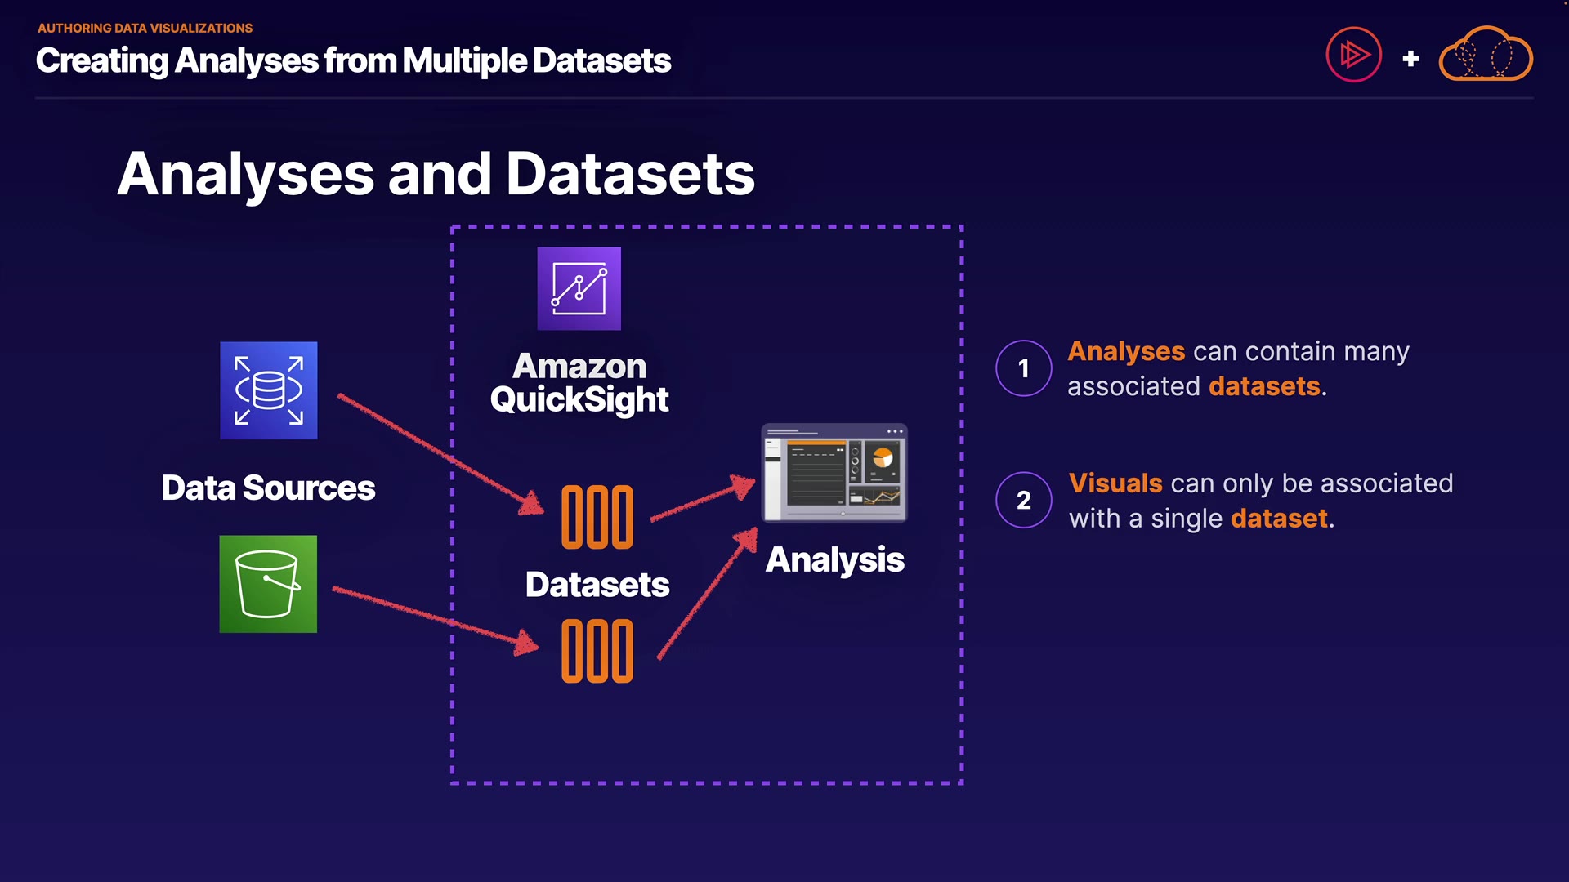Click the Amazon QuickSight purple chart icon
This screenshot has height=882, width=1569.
coord(579,288)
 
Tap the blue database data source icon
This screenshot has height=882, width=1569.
coord(268,390)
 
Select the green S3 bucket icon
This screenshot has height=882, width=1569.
coord(268,584)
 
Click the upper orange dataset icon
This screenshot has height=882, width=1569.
coord(597,517)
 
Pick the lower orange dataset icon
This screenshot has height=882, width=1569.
coord(597,651)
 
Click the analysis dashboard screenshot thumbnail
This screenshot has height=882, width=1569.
coord(834,472)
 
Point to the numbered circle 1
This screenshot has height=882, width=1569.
coord(1023,368)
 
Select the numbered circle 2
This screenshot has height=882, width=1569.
coord(1023,500)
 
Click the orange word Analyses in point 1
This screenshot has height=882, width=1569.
coord(1125,351)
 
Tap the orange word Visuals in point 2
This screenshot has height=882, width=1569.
coord(1115,483)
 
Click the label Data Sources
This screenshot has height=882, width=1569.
coord(268,488)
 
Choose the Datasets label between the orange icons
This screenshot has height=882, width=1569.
coord(597,585)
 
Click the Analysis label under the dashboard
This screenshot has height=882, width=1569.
coord(834,560)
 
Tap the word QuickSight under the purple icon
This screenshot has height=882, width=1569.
coord(579,400)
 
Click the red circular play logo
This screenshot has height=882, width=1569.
coord(1353,55)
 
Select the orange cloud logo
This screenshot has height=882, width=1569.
coord(1485,55)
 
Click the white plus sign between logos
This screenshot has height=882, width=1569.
coord(1410,59)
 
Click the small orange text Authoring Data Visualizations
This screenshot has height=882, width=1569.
coord(145,28)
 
